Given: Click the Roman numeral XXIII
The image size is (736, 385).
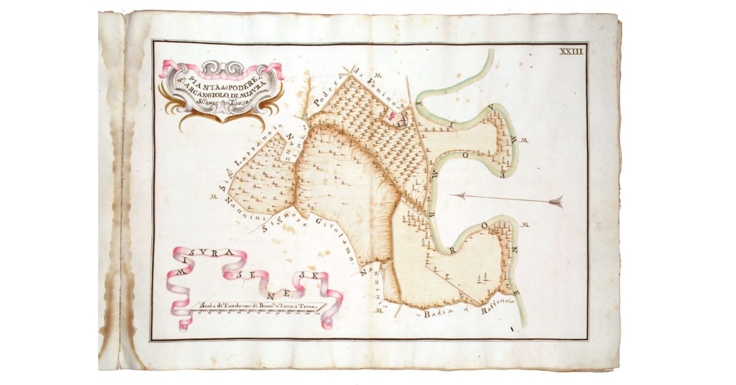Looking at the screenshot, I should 570,52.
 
